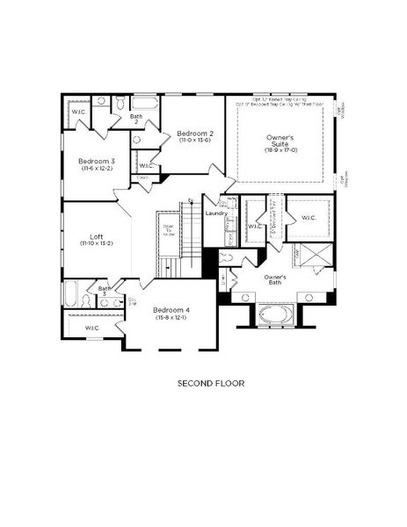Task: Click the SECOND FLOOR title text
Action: [210, 383]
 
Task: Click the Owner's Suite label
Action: [280, 141]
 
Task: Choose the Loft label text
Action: [97, 236]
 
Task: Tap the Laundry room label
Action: [216, 213]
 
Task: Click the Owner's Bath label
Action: [280, 278]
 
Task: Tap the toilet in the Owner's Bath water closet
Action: [226, 258]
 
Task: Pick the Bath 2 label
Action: [136, 119]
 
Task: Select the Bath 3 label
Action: [104, 291]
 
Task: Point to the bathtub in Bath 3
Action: [71, 293]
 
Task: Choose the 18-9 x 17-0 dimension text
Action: [280, 150]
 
